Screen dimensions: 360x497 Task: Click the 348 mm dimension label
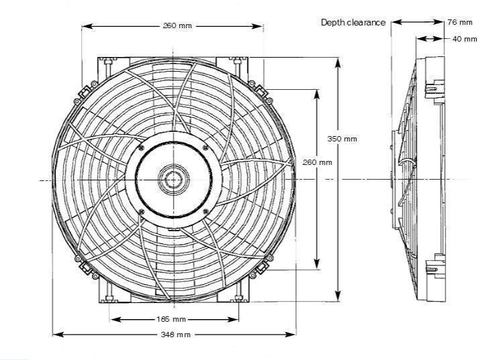174,334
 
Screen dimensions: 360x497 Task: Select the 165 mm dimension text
173,319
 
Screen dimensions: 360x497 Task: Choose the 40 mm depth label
464,39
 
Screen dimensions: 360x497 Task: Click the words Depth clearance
353,22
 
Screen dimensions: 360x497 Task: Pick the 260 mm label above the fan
177,26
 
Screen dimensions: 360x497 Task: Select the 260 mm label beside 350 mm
317,162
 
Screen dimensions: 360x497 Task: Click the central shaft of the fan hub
173,179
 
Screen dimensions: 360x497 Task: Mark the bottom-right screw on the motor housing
205,212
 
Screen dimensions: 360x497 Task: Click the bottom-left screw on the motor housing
142,212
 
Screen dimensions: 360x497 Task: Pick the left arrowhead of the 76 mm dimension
395,22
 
